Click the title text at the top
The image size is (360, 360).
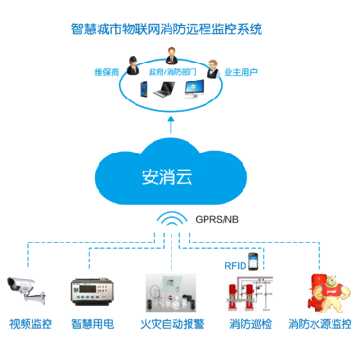point(180,29)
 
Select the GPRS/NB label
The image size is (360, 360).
point(216,219)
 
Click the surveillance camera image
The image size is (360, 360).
point(27,290)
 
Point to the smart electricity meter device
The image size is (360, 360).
point(95,290)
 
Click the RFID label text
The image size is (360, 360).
point(234,266)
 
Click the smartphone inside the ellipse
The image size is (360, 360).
point(145,91)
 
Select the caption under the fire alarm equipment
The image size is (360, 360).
point(171,323)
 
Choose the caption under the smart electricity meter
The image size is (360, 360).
point(95,323)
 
